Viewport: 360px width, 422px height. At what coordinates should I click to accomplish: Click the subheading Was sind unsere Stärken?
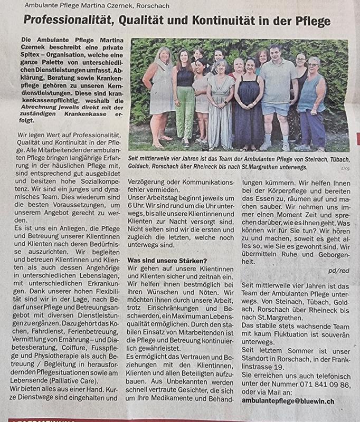(167, 260)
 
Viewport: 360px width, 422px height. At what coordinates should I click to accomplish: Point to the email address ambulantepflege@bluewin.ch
(289, 401)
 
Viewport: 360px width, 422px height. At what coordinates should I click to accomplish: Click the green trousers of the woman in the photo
(185, 112)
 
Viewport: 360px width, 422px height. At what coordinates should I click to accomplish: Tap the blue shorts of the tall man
(276, 108)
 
